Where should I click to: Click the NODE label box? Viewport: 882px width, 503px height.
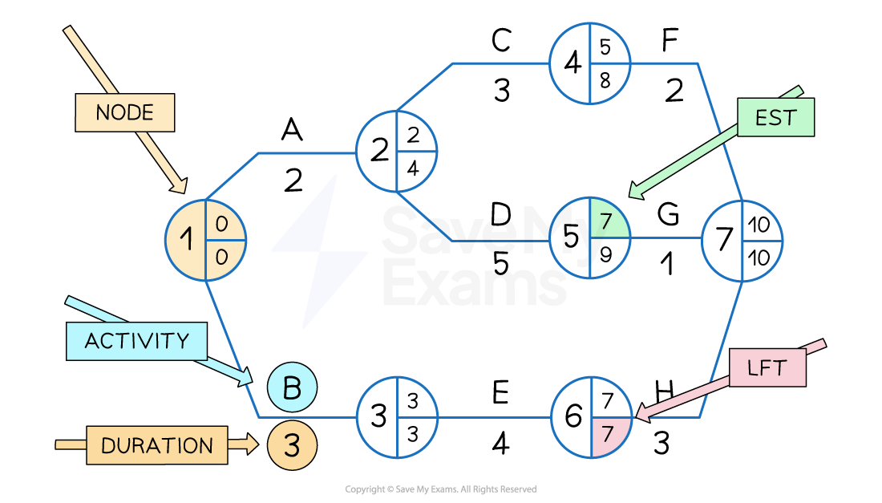(124, 112)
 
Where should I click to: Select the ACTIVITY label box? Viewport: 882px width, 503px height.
(136, 341)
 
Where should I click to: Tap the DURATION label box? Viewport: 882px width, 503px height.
(157, 445)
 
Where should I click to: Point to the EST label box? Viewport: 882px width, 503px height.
(775, 118)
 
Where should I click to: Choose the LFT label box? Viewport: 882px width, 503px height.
(767, 368)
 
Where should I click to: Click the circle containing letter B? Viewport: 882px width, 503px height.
(292, 387)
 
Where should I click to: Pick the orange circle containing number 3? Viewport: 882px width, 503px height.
(292, 446)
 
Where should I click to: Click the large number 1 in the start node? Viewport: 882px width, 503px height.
(186, 239)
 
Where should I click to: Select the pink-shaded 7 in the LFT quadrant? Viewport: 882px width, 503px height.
(607, 434)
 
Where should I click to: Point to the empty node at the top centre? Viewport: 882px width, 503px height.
(590, 63)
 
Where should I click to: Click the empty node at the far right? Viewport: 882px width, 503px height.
(742, 241)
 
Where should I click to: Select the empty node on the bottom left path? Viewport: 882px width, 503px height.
(398, 417)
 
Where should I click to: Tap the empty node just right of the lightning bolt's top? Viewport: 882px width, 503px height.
(397, 151)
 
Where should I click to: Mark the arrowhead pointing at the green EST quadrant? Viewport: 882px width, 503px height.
(636, 193)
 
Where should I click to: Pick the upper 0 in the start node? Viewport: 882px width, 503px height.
(222, 225)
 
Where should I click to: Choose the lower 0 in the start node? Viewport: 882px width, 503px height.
(222, 256)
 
